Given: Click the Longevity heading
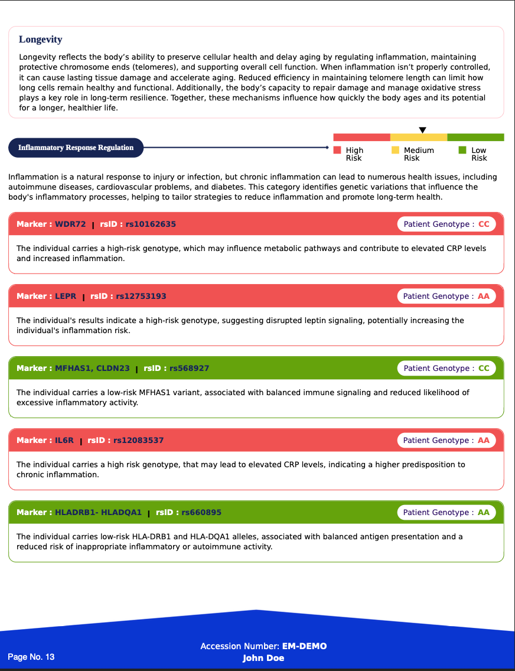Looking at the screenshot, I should pyautogui.click(x=40, y=40).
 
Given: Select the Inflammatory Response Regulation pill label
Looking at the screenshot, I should pyautogui.click(x=76, y=148).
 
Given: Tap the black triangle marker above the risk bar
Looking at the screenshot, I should pyautogui.click(x=422, y=130).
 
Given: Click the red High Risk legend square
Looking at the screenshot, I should pyautogui.click(x=337, y=150).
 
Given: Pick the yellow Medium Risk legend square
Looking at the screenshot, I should pyautogui.click(x=395, y=150).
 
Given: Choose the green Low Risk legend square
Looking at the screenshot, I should pyautogui.click(x=462, y=150).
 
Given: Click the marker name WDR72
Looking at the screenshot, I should pyautogui.click(x=70, y=224).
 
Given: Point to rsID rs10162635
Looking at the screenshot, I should pyautogui.click(x=151, y=224).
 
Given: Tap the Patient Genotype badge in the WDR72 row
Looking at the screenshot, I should pyautogui.click(x=446, y=224).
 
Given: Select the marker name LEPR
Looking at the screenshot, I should pyautogui.click(x=66, y=297).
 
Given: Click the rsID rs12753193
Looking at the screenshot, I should pyautogui.click(x=141, y=297).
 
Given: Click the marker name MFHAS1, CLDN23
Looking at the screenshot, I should pyautogui.click(x=92, y=369).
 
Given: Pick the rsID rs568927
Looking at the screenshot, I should pyautogui.click(x=189, y=369).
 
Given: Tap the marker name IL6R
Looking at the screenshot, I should pyautogui.click(x=64, y=441).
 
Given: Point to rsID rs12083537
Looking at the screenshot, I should pyautogui.click(x=138, y=441).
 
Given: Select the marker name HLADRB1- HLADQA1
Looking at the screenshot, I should pyautogui.click(x=98, y=513).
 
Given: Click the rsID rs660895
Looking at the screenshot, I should pyautogui.click(x=201, y=513).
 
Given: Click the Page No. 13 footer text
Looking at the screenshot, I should pyautogui.click(x=31, y=657).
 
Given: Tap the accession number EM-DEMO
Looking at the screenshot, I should pyautogui.click(x=304, y=646).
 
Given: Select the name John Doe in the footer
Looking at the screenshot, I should pyautogui.click(x=263, y=658).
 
